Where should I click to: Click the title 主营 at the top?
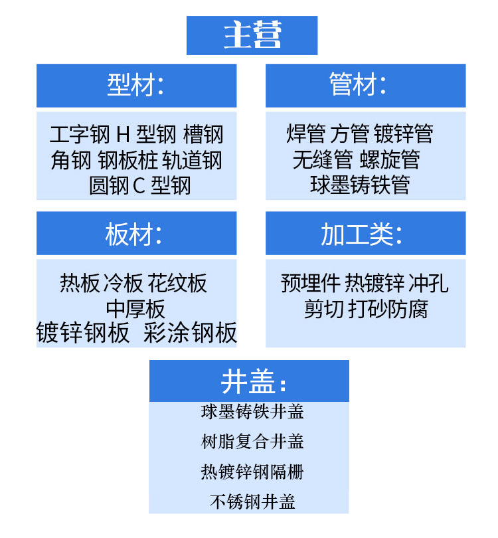(252, 35)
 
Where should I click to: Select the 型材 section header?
(135, 85)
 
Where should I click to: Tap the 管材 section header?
(358, 85)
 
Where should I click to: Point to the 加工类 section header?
(361, 234)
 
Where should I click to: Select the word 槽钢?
(203, 135)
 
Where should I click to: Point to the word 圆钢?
(109, 185)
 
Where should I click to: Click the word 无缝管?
(323, 160)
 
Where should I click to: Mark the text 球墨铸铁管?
(360, 185)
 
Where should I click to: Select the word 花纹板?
(177, 284)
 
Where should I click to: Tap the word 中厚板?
(135, 309)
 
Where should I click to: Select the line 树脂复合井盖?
(252, 442)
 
